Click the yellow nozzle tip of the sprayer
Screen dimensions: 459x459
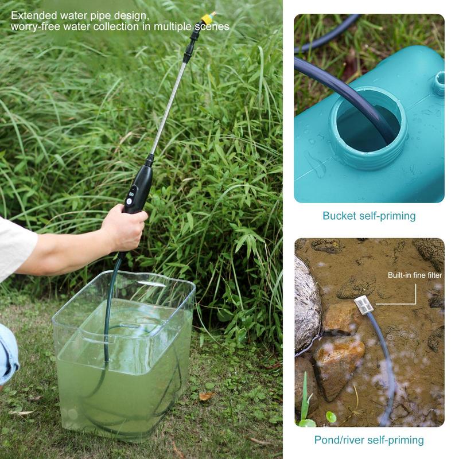tap(208, 18)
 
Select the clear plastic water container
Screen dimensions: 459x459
tap(123, 344)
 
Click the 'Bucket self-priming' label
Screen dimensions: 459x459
tap(369, 216)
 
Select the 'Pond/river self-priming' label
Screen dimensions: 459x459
tap(369, 440)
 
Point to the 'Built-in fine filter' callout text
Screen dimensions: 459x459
tap(415, 275)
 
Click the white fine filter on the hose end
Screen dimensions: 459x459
tap(364, 304)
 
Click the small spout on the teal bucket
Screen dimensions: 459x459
tap(439, 83)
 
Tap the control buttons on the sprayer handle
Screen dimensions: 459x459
tap(131, 195)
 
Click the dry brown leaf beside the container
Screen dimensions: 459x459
tap(206, 396)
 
